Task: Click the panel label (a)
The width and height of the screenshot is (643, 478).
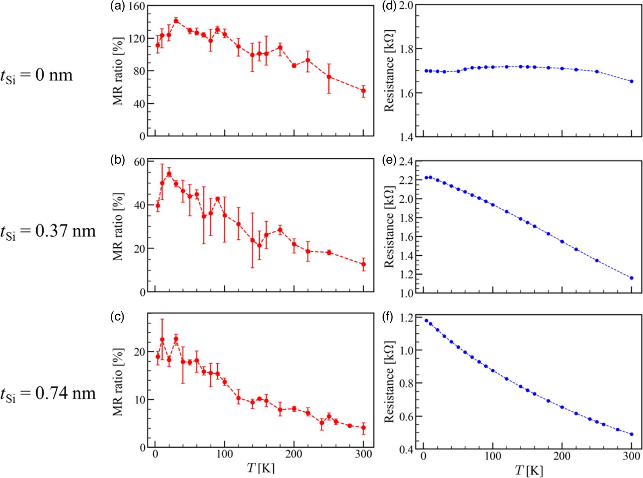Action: click(x=117, y=6)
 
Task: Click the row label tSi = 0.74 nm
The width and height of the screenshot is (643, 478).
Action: click(x=48, y=394)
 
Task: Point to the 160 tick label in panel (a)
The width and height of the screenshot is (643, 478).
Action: click(x=136, y=6)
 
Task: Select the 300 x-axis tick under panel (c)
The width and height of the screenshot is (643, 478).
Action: click(x=364, y=454)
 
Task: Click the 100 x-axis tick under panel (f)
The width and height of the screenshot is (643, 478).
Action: click(x=492, y=456)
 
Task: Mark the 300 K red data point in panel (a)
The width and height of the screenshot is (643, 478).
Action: click(x=363, y=91)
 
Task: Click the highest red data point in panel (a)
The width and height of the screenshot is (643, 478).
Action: click(x=176, y=20)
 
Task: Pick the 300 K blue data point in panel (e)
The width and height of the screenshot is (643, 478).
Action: click(x=632, y=278)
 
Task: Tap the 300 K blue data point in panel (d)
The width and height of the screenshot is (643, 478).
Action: click(x=632, y=81)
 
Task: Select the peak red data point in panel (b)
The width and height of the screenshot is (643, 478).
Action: click(x=169, y=174)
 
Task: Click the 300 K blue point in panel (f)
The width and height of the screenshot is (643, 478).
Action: click(x=632, y=434)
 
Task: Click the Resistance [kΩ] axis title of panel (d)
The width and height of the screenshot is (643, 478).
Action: click(x=389, y=70)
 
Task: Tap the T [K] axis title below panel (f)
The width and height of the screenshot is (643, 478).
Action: click(x=529, y=471)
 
